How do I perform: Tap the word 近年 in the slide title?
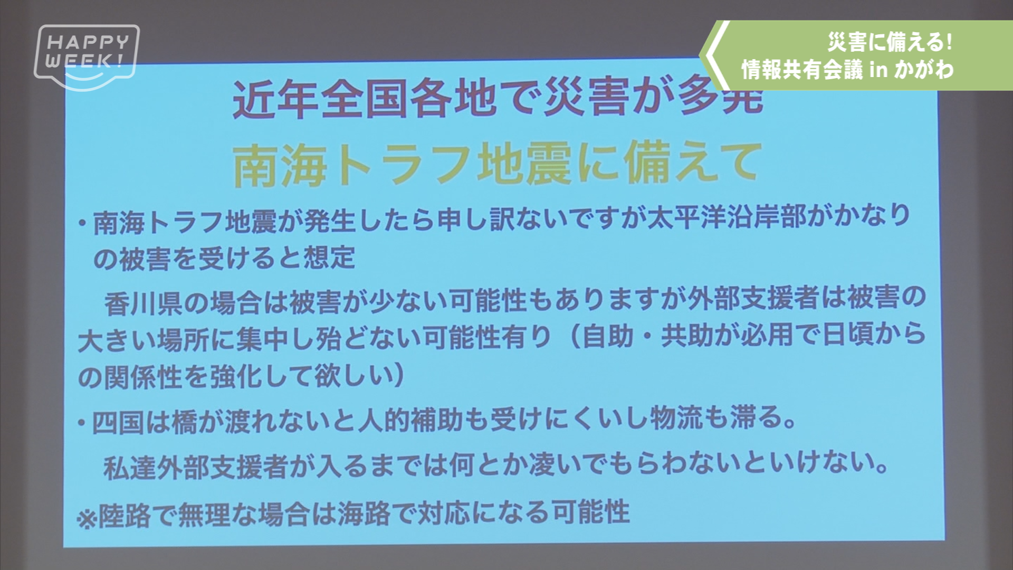tap(276, 99)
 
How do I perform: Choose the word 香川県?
tap(143, 302)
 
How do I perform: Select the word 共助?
tap(687, 335)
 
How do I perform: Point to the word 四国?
tap(118, 422)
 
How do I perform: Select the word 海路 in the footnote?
tap(364, 514)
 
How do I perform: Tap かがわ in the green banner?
tap(924, 69)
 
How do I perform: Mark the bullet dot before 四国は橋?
tap(81, 423)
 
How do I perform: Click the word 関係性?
tap(143, 377)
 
